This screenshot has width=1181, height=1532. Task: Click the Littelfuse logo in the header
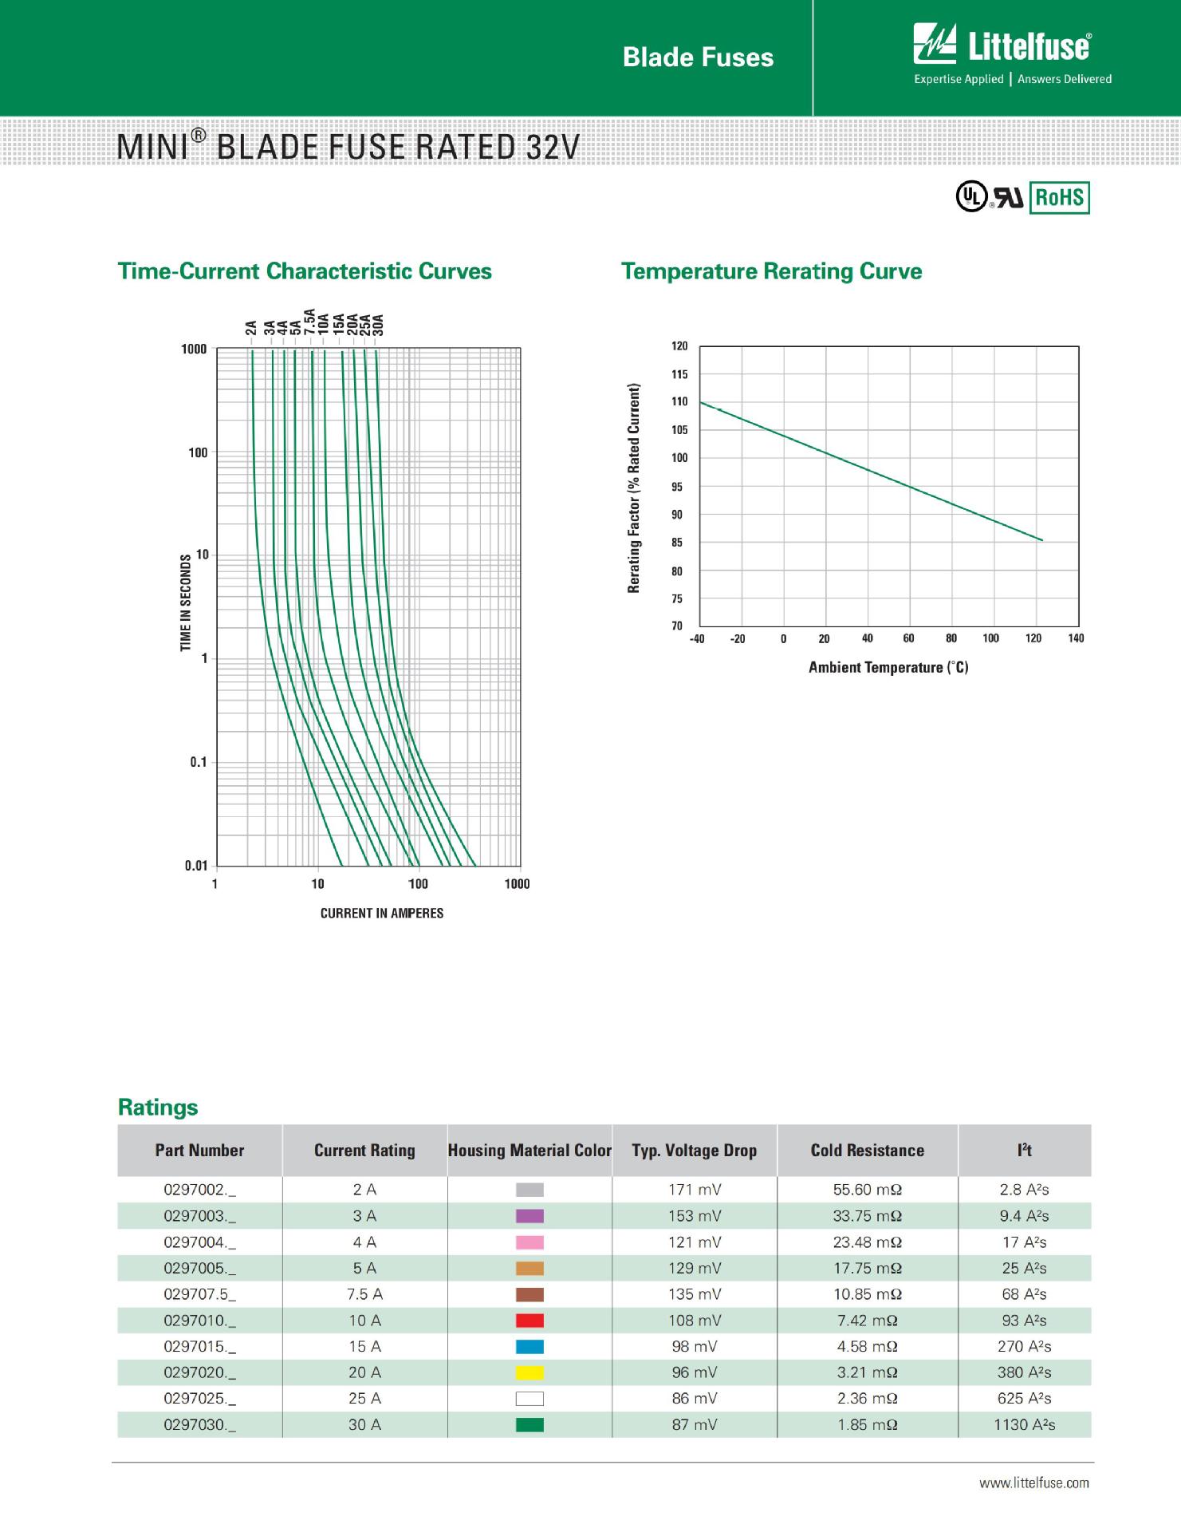tap(1002, 45)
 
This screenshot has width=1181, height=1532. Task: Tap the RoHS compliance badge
tap(1059, 197)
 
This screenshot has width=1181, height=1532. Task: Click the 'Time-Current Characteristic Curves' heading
tap(305, 271)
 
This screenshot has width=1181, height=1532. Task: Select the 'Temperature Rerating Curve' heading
tap(771, 271)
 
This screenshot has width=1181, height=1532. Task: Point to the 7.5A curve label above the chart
tap(309, 322)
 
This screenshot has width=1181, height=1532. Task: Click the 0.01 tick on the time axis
tap(196, 866)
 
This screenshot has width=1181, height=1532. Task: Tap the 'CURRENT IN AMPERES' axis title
tap(382, 913)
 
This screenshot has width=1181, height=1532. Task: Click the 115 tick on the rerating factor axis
tap(679, 374)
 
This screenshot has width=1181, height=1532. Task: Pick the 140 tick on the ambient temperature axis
tap(1076, 638)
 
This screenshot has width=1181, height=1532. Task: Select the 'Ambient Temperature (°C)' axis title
tap(888, 667)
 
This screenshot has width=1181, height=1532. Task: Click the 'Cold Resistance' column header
tap(867, 1150)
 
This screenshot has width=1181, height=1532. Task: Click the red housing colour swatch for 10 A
tap(529, 1321)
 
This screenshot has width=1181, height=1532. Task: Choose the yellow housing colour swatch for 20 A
tap(529, 1372)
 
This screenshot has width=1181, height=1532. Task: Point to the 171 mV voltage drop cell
tap(695, 1190)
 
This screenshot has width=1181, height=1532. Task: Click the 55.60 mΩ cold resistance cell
tap(867, 1190)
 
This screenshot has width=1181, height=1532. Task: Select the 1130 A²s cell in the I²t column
tap(1024, 1424)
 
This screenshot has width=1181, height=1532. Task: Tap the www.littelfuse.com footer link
tap(1033, 1483)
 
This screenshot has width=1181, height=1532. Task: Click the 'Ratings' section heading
tap(158, 1107)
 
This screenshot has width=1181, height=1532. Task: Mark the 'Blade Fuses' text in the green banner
tap(698, 57)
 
